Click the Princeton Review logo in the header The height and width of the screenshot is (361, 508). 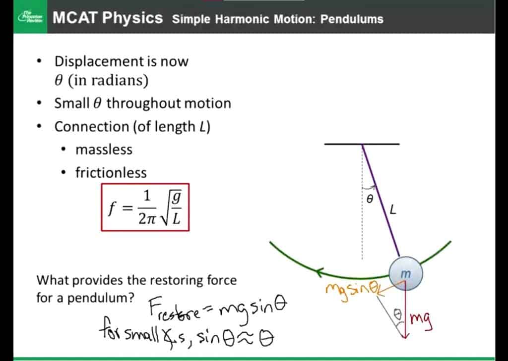30,17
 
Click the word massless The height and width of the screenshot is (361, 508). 104,150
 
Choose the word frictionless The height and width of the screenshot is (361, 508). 111,173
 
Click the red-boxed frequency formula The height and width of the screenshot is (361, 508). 145,207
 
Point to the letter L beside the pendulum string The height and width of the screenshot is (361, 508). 393,210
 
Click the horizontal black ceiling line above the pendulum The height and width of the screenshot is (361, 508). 362,144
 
